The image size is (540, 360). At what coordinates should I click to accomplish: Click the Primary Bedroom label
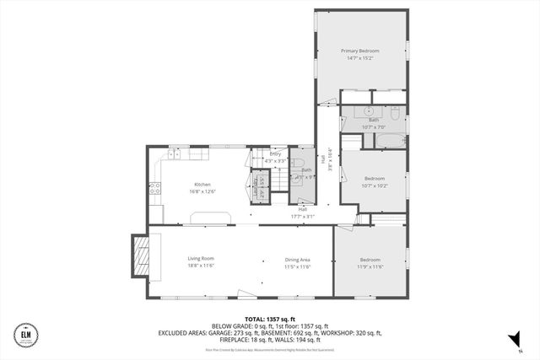361,51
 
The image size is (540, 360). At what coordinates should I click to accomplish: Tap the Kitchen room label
202,184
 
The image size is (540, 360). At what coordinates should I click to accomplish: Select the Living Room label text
201,259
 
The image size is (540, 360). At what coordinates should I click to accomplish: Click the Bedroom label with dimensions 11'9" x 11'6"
370,259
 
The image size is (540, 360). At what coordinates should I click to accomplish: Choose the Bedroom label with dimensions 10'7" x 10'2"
374,178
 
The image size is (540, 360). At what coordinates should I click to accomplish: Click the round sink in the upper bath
370,111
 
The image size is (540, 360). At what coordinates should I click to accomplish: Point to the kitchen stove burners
155,190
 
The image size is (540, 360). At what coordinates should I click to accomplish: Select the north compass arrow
511,339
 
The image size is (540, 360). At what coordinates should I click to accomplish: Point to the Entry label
275,154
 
